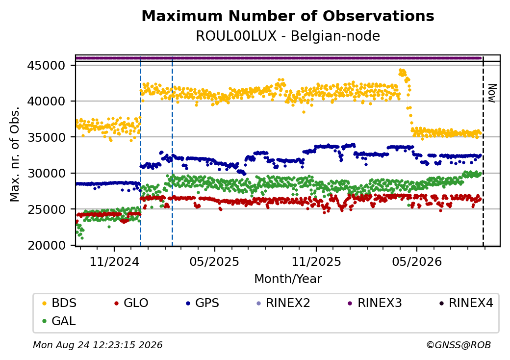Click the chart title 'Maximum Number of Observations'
[288, 16]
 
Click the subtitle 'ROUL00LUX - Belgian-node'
[288, 36]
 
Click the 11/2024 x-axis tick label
[114, 262]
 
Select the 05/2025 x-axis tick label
[214, 262]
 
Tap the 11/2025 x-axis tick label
[316, 262]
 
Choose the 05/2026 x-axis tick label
[417, 262]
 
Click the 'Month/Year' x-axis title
[288, 279]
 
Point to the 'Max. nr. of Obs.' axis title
[15, 154]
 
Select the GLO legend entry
[131, 303]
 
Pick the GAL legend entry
[59, 321]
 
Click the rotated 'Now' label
[492, 93]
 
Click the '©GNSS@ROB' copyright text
[459, 345]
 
